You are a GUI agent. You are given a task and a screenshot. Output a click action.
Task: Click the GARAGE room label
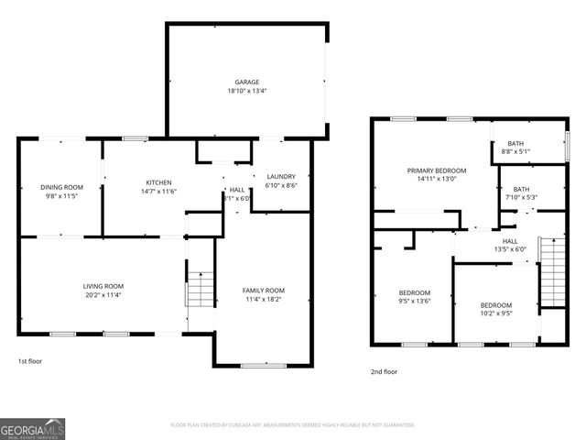click(246, 82)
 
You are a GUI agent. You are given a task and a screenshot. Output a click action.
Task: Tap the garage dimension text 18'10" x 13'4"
click(246, 91)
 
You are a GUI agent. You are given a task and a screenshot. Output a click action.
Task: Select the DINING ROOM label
click(61, 187)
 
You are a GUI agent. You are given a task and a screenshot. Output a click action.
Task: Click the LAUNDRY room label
click(281, 176)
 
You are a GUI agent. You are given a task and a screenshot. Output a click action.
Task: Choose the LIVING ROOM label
click(103, 286)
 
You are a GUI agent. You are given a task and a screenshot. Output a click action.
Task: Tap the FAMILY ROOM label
click(263, 290)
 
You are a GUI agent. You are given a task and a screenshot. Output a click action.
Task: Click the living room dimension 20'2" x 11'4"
click(103, 296)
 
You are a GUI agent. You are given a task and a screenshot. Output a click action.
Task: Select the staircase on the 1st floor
click(200, 288)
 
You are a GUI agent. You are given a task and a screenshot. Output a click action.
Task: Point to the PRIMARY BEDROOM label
click(437, 170)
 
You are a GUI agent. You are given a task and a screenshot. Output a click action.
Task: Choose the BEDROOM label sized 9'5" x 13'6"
click(414, 292)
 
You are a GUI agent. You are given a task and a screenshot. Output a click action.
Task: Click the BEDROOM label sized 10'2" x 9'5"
click(496, 304)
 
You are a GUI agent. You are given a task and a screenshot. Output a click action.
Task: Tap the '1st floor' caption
click(30, 361)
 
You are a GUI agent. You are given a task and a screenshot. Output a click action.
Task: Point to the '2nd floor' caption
click(384, 372)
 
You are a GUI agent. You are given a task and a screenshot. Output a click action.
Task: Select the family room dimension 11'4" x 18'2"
click(263, 299)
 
